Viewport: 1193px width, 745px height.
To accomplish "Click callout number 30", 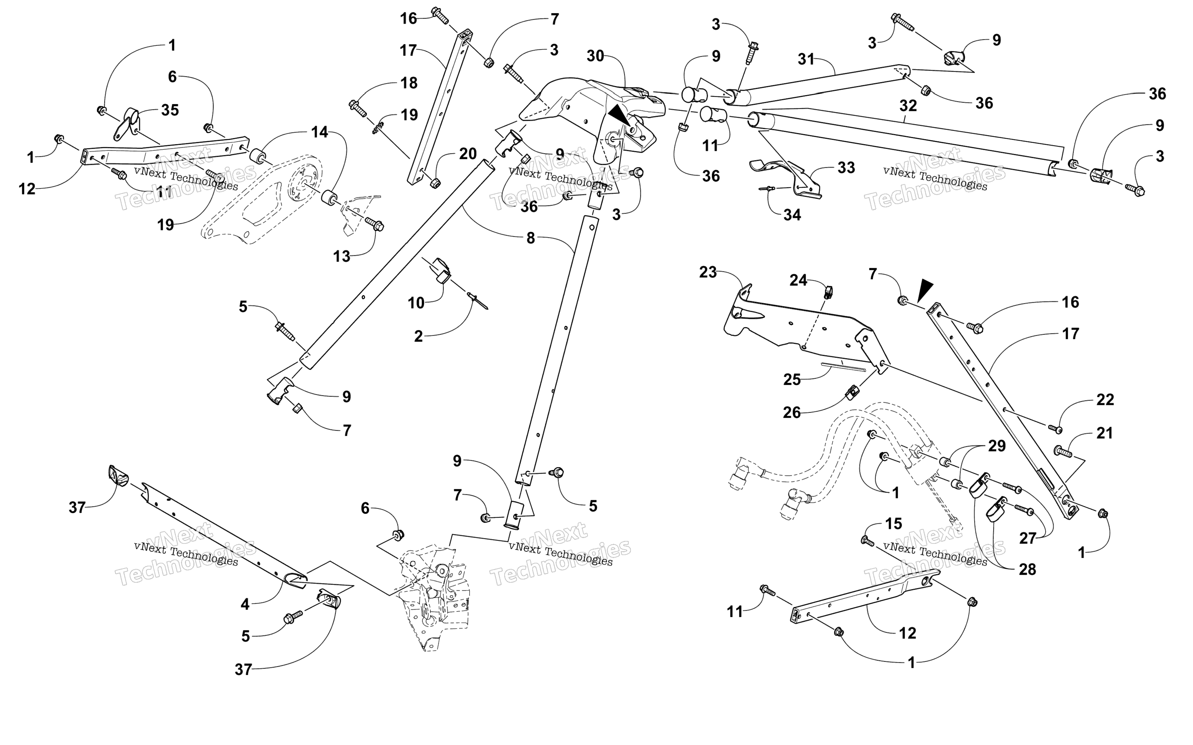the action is click(595, 56).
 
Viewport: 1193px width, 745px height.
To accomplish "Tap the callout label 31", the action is click(806, 59).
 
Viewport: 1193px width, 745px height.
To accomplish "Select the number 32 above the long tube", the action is click(908, 105).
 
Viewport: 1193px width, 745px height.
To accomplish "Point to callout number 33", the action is click(846, 168).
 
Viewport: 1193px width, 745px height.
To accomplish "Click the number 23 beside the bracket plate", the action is click(708, 272).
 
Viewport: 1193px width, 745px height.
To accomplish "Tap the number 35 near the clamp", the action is click(170, 110).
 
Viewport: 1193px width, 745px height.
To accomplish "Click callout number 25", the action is click(792, 379).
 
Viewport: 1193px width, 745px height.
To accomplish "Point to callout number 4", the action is click(245, 604).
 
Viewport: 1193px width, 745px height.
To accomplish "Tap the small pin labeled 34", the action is click(765, 188).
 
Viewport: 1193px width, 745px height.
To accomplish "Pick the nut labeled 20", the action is click(435, 183).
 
